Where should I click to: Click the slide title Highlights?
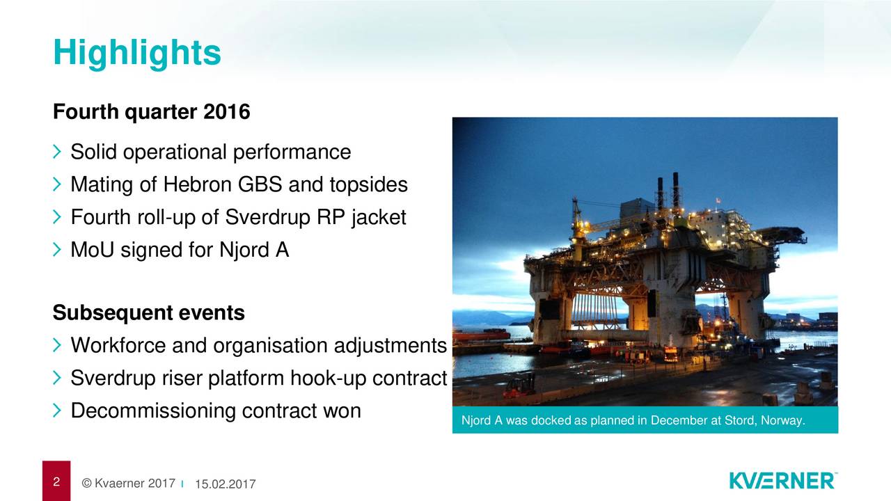137,54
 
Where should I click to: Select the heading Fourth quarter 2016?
152,111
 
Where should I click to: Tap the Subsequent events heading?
149,312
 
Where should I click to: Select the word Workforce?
118,345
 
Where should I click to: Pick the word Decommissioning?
153,411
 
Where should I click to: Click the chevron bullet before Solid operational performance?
57,152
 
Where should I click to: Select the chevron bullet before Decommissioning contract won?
57,411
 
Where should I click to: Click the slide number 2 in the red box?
56,482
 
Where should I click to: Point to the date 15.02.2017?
225,484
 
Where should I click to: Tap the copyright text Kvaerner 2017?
129,483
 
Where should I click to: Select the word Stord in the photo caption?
740,420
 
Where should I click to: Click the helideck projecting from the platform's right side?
781,234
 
